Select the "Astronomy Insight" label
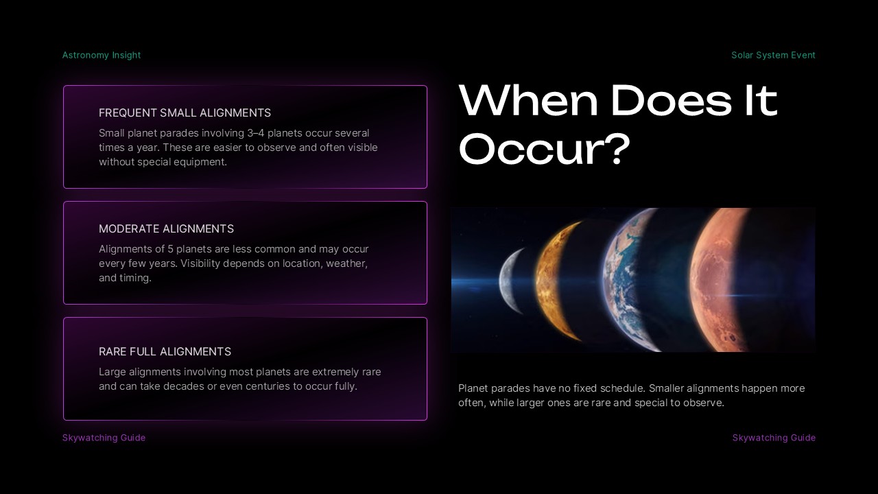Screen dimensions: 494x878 pos(102,55)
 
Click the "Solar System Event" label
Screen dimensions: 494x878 pos(773,55)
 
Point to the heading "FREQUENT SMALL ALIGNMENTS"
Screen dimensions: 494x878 pos(185,113)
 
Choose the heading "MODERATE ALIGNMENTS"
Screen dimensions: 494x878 pos(166,228)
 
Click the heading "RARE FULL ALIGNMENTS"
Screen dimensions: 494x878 pos(165,351)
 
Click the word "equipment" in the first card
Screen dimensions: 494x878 pos(202,162)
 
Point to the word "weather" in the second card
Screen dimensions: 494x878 pos(346,263)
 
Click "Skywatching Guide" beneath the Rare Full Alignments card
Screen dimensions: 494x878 pos(104,438)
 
